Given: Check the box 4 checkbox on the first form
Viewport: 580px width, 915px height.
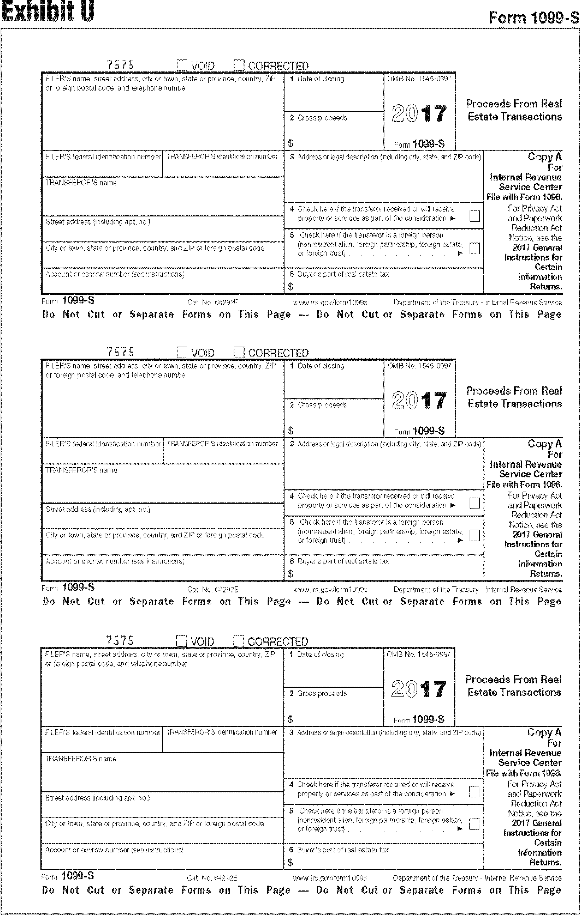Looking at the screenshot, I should coord(474,216).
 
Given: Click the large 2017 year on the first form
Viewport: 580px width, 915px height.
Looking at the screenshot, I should coord(419,114).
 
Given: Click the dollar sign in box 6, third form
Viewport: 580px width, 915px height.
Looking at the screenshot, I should coord(290,862).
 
